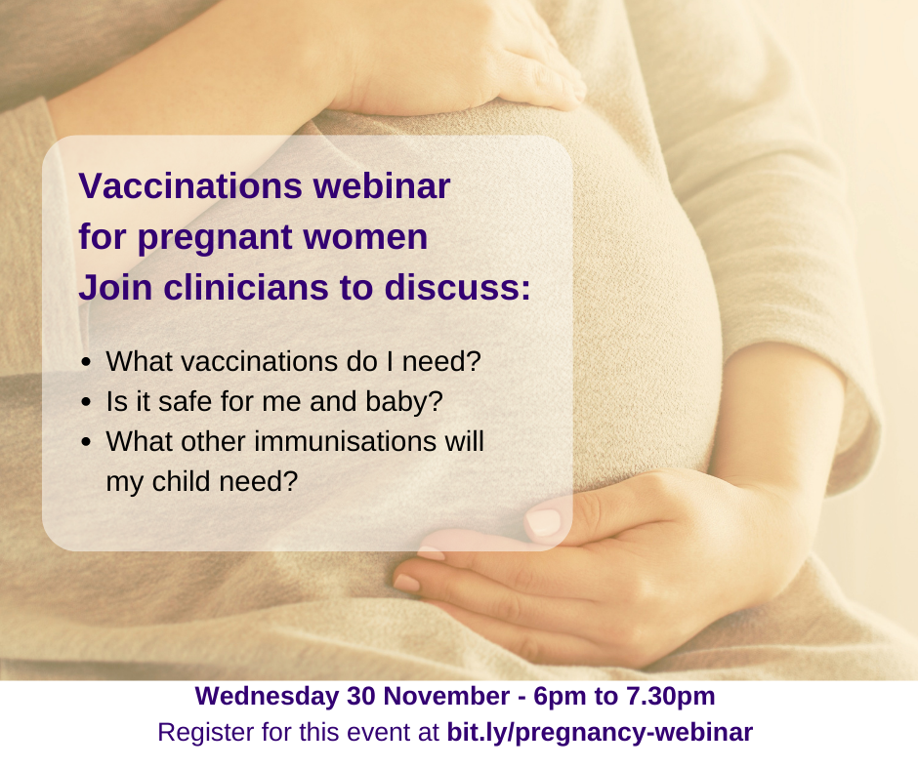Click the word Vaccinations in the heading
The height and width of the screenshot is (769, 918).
(190, 185)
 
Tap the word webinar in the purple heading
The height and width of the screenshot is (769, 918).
(382, 185)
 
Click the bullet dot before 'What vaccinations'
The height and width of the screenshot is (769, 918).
(87, 362)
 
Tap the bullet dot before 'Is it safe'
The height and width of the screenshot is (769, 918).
(87, 402)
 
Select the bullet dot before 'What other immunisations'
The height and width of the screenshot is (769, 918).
(87, 442)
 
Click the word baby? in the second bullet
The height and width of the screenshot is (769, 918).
(404, 403)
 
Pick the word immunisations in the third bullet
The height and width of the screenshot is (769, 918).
(345, 441)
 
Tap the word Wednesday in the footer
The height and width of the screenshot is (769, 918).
(267, 697)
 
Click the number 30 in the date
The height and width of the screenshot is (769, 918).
(360, 697)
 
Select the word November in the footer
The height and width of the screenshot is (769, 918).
(446, 697)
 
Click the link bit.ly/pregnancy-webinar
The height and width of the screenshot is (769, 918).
(600, 733)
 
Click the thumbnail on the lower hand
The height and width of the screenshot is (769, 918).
(543, 520)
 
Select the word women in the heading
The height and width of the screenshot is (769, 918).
(365, 237)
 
